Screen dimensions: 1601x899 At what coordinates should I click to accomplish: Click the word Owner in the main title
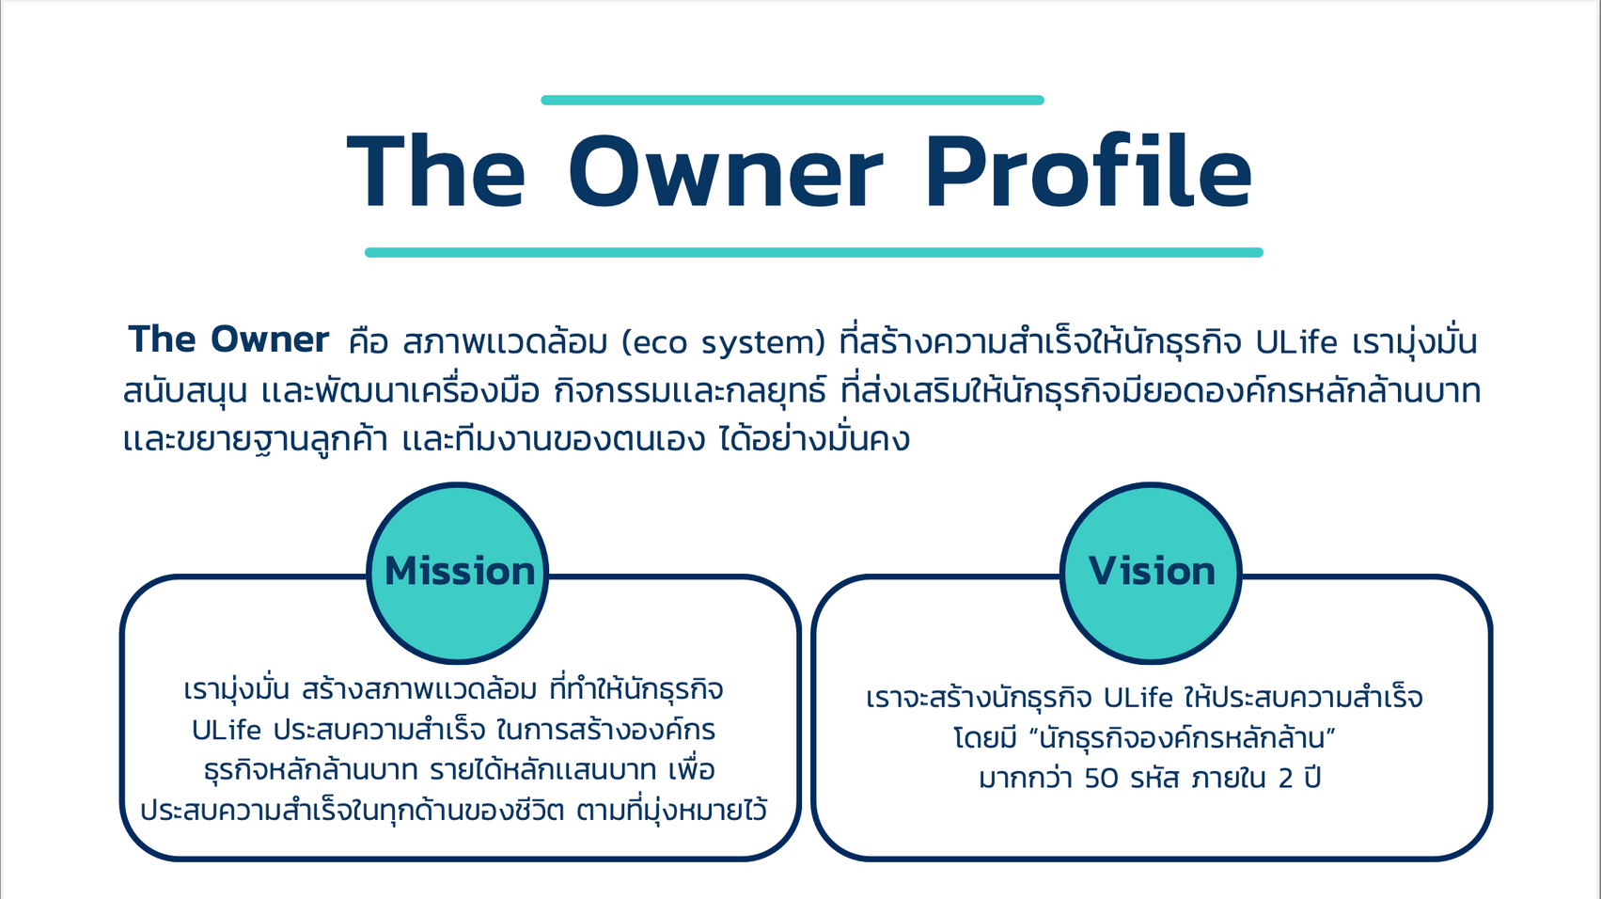726,172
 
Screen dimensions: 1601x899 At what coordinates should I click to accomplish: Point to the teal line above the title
793,100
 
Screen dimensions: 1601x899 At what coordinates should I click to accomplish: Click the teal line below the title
814,252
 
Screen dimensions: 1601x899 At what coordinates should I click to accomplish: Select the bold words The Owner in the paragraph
228,339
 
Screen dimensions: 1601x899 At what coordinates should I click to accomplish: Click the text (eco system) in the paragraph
724,343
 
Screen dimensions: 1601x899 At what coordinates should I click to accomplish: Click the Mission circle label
460,572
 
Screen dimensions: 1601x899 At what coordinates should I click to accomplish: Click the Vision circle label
1152,572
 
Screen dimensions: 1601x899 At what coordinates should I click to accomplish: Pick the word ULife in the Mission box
226,731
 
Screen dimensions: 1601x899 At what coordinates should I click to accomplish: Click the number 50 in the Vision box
1101,778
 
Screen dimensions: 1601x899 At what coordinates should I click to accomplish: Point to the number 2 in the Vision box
1286,778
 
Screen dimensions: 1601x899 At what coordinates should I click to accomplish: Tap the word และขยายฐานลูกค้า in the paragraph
255,439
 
